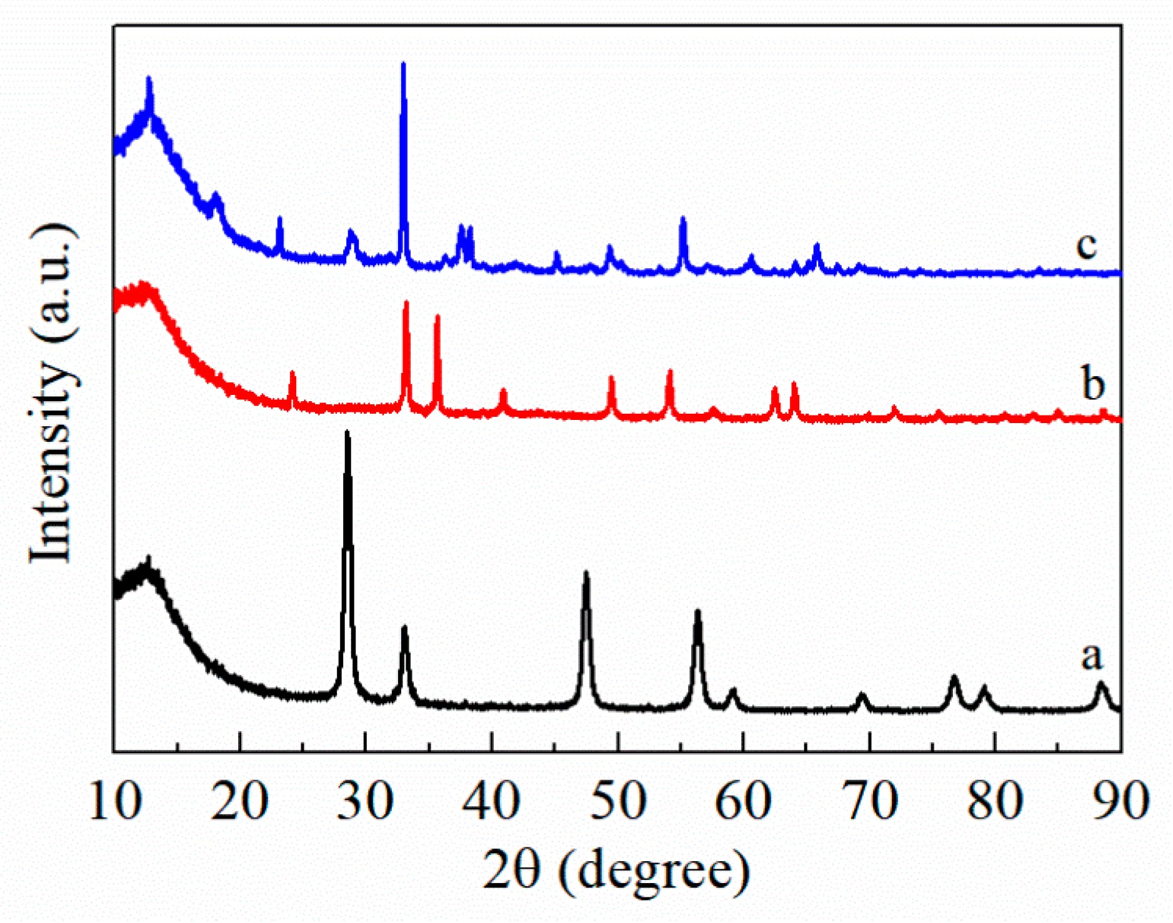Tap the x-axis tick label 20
[x=241, y=801]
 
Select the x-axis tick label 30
[x=366, y=801]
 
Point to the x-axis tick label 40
[x=492, y=801]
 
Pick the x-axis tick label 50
[x=617, y=801]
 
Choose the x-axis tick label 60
[x=743, y=801]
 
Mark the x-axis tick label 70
[x=869, y=801]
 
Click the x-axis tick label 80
[x=996, y=801]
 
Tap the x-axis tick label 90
[x=1121, y=801]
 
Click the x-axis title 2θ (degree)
[x=616, y=871]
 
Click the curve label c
[x=1087, y=246]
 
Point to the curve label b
[x=1093, y=384]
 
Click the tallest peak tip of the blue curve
[x=403, y=64]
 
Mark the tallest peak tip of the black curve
[x=347, y=432]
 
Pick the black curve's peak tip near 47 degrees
[x=586, y=573]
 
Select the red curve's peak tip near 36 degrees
[x=437, y=317]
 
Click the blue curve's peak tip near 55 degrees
[x=682, y=219]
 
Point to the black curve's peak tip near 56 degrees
[x=697, y=611]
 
